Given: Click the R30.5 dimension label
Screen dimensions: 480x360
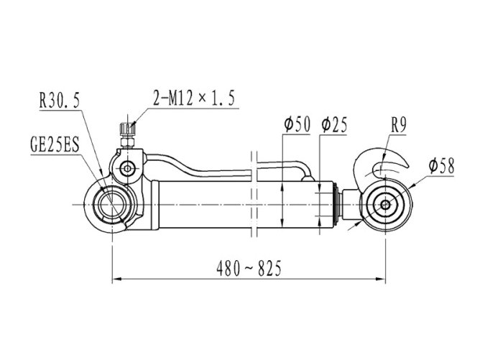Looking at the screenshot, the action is coord(60,100).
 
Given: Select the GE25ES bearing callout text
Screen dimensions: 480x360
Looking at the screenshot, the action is coord(55,144).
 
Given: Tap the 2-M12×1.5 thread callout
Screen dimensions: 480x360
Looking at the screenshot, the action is coord(194,98).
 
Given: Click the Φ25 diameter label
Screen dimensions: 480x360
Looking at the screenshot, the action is coord(334,124).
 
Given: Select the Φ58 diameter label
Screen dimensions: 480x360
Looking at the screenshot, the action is coord(441,165).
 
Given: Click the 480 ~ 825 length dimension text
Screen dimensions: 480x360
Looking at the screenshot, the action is coord(249,269).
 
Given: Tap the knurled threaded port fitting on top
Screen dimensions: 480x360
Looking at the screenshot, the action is coord(127,129).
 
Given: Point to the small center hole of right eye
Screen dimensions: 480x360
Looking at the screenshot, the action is coord(385,205).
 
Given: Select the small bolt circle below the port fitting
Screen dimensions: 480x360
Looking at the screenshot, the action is coord(127,168).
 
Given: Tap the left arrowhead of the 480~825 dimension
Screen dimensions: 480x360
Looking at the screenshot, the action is coord(116,279).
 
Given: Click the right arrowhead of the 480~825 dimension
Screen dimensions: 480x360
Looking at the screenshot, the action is coord(381,279).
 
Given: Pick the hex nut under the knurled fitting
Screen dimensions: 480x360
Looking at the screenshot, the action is coord(127,142).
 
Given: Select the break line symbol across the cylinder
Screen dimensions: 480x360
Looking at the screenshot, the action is coord(254,195).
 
